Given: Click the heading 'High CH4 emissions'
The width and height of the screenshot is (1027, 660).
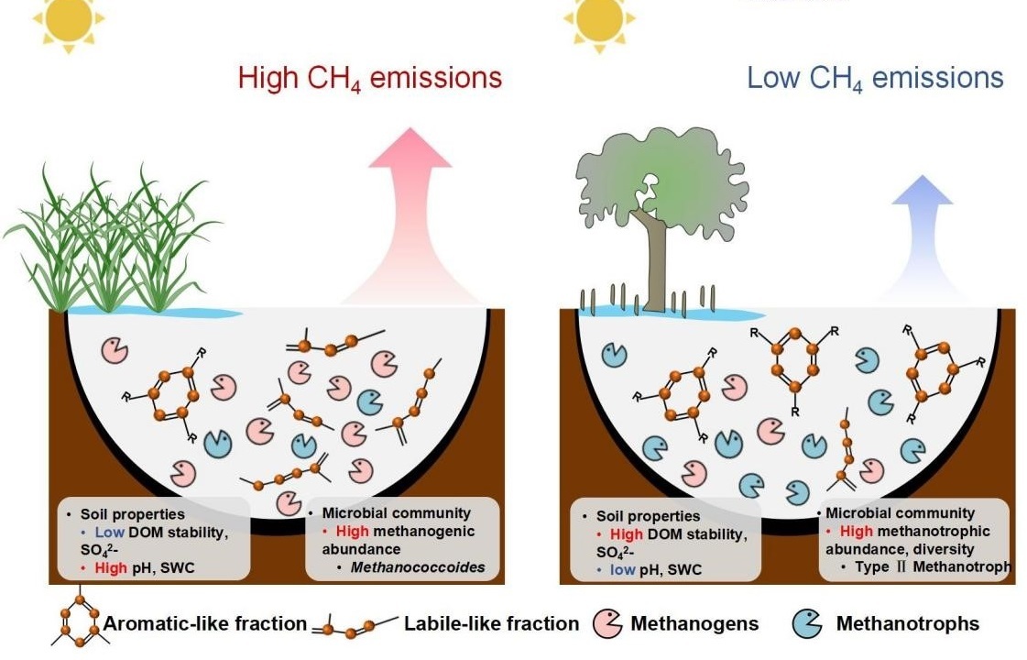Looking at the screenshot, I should point(369,78).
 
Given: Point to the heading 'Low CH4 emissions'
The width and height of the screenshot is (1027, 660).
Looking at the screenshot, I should point(875,78).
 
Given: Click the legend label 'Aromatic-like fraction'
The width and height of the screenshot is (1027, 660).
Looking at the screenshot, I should point(204,624).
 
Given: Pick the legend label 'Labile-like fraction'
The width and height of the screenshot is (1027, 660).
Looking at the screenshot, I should point(491,624).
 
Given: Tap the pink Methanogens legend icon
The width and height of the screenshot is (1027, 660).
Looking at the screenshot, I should point(608,623).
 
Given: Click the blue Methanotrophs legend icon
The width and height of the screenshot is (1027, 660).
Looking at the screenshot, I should point(806,623).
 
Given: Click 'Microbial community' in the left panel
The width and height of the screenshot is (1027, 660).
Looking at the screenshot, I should point(396,513).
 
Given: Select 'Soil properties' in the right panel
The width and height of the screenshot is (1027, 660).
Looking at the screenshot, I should point(648,516).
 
